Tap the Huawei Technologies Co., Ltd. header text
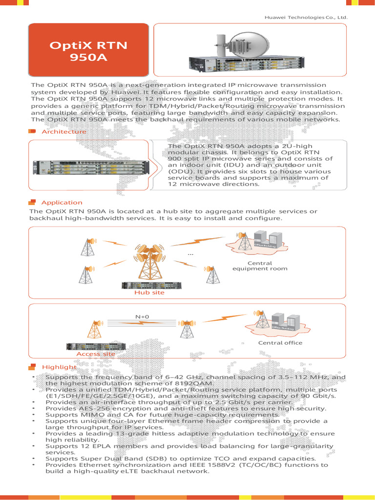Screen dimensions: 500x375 (306, 18)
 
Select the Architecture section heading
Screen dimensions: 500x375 (63, 131)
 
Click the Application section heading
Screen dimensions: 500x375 (62, 202)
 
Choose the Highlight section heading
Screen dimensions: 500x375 (59, 367)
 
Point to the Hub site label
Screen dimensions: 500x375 (149, 292)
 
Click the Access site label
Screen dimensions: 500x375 (96, 354)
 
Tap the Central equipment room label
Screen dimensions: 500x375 (260, 266)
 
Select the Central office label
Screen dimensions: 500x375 (280, 343)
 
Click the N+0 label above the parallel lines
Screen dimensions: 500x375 (142, 317)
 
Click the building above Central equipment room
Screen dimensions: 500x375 (268, 239)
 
